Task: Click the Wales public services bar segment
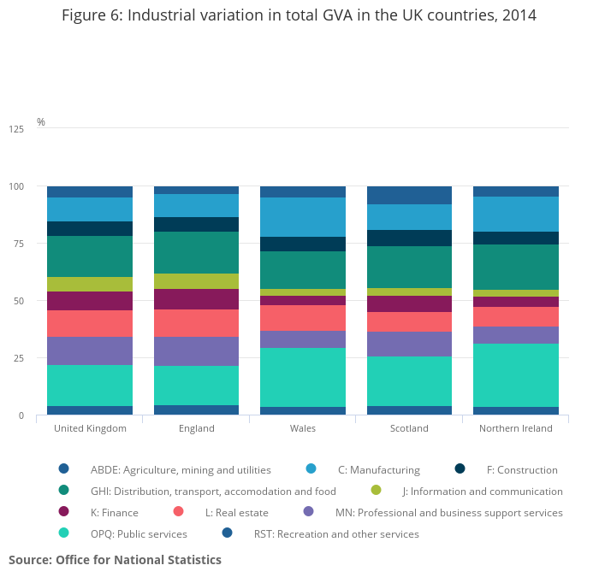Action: pyautogui.click(x=303, y=377)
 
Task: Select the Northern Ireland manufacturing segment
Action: pyautogui.click(x=516, y=214)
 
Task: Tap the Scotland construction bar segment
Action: pyautogui.click(x=409, y=238)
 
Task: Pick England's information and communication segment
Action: pyautogui.click(x=196, y=281)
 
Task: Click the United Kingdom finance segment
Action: pyautogui.click(x=90, y=301)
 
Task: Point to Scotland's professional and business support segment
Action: pyautogui.click(x=409, y=344)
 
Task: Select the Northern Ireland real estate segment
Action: pyautogui.click(x=516, y=316)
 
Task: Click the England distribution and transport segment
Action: pyautogui.click(x=196, y=252)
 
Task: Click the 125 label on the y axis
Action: pyautogui.click(x=17, y=129)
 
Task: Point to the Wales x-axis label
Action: pyautogui.click(x=303, y=428)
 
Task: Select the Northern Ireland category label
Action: pyautogui.click(x=516, y=428)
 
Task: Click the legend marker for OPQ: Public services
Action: pyautogui.click(x=63, y=533)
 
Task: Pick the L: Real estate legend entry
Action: pyautogui.click(x=236, y=513)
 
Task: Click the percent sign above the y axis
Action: pyautogui.click(x=41, y=122)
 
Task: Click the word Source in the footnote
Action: pyautogui.click(x=30, y=560)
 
